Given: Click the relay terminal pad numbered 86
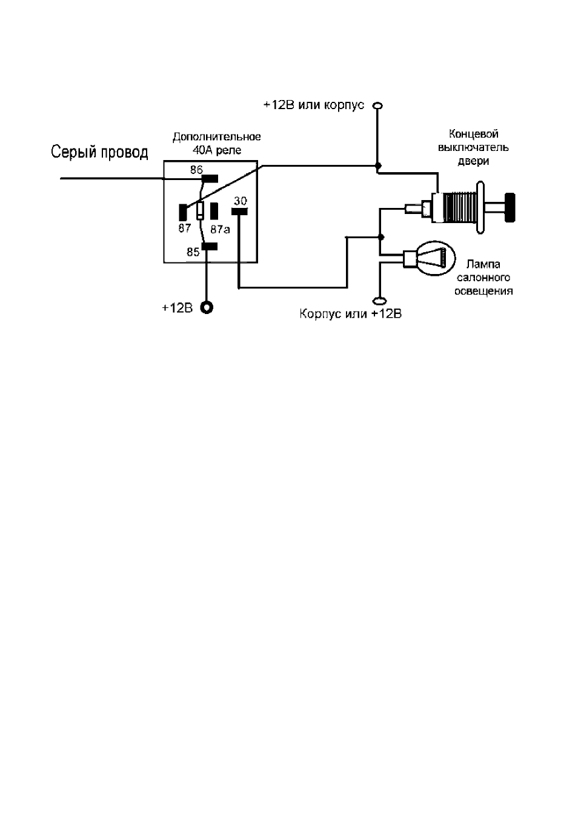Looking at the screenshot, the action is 210,178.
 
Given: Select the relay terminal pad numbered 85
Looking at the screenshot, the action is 210,247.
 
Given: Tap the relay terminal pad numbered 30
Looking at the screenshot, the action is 239,212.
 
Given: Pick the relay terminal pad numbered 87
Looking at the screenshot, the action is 183,212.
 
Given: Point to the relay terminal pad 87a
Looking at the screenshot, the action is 214,212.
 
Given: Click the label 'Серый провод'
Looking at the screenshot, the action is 99,152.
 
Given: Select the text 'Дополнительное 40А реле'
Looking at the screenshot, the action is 217,143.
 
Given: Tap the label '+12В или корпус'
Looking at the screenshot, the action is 314,105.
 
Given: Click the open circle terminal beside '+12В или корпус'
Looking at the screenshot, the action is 377,105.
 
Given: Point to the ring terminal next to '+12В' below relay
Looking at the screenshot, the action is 207,308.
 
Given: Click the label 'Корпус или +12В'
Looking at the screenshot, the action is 351,314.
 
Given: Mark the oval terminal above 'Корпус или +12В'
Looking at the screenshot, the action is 380,301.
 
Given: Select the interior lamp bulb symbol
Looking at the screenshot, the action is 430,258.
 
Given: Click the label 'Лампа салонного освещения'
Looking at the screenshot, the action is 483,278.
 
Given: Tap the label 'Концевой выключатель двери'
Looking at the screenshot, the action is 474,147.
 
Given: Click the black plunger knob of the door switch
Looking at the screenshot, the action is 510,207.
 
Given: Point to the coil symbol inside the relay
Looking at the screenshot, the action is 200,212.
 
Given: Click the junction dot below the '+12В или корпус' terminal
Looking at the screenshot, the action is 378,166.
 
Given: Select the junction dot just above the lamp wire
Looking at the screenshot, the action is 380,237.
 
